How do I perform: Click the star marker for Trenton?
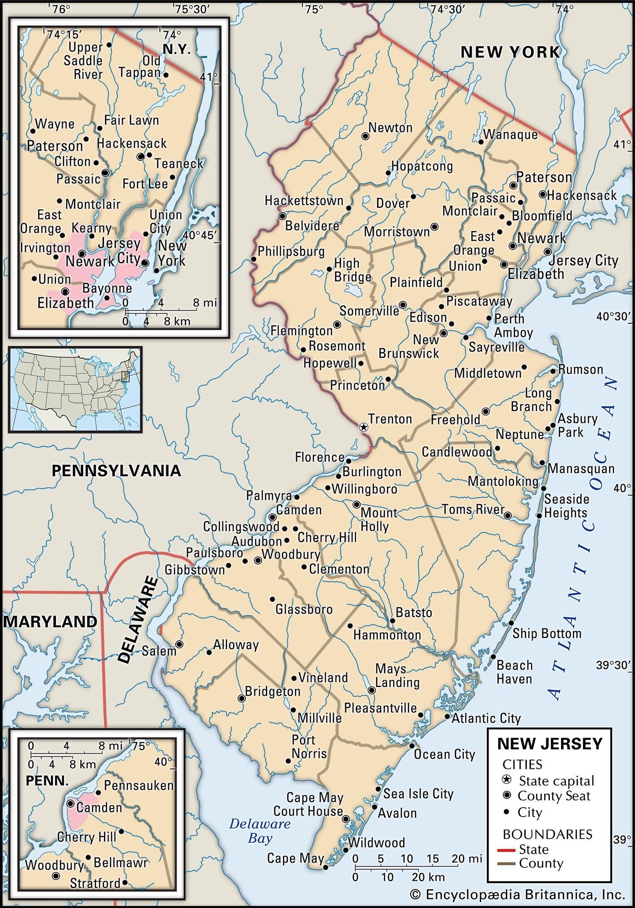tap(363, 427)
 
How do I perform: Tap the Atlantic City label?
tap(486, 718)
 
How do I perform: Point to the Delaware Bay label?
tap(259, 830)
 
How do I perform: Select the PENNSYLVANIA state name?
tap(116, 470)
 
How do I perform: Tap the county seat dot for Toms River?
tap(508, 515)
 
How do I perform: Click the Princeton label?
tap(357, 385)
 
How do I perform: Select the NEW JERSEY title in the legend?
tap(550, 744)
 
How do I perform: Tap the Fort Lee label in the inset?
tap(145, 183)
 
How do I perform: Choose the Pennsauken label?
tap(139, 785)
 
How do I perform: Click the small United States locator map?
tap(75, 390)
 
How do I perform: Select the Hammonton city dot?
tap(350, 626)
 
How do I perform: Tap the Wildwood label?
tap(376, 843)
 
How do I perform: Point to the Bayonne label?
tap(107, 288)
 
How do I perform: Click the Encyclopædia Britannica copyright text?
tap(517, 894)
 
